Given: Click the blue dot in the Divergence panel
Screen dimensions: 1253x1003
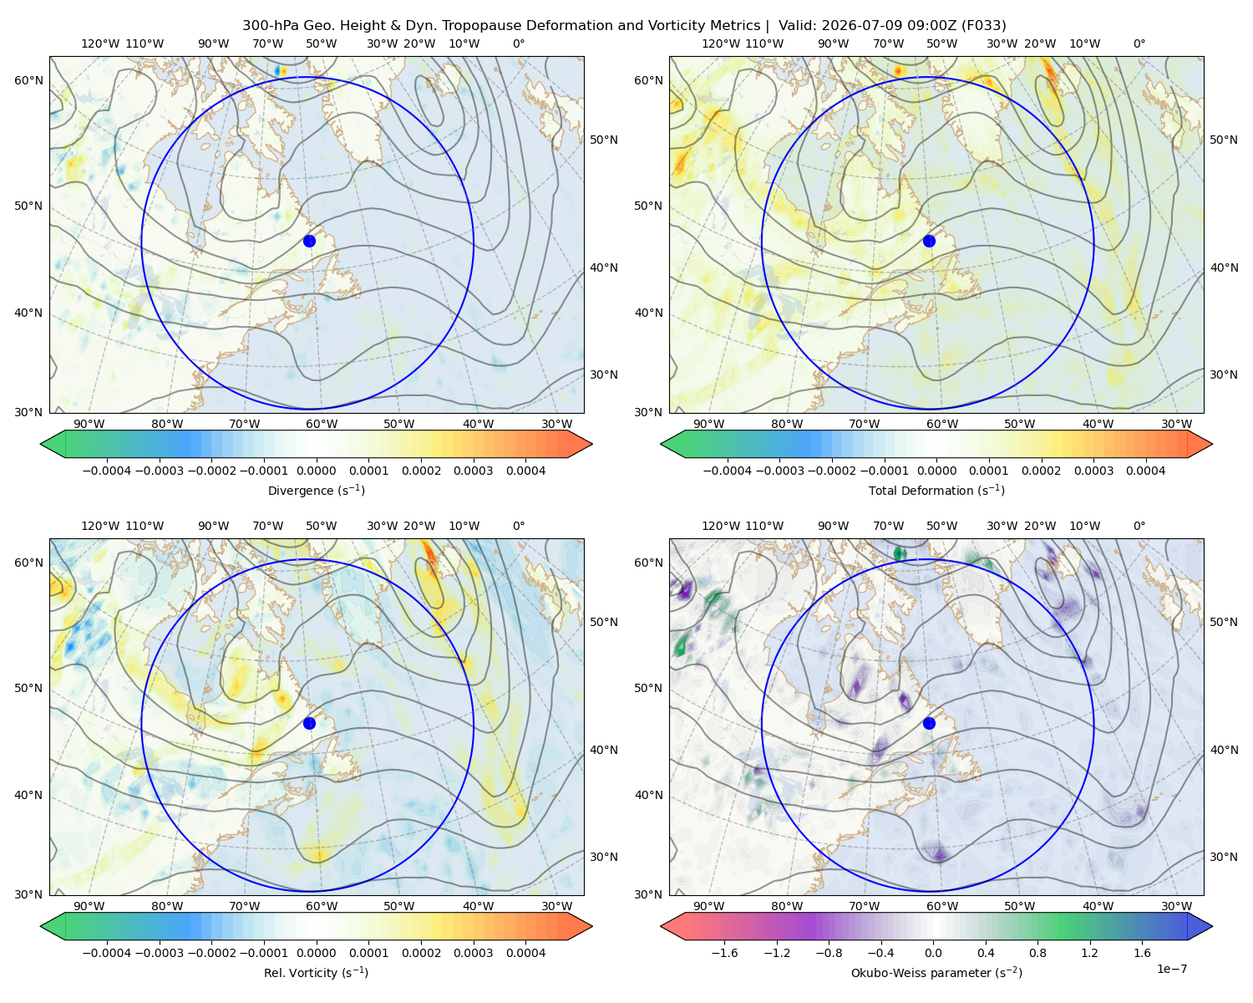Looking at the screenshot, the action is (309, 241).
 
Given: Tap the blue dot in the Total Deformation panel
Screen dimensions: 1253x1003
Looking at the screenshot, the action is (929, 241).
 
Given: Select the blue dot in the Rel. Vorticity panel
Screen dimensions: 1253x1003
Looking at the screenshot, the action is (309, 723).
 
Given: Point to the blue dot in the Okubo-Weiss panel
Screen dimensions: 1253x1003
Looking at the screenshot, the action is (929, 723).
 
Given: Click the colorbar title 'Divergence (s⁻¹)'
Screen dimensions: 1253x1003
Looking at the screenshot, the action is (316, 490).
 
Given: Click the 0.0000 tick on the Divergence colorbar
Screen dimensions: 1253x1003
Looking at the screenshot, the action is (316, 471).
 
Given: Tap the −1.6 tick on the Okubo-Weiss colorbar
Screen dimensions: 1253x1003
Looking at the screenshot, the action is (724, 953).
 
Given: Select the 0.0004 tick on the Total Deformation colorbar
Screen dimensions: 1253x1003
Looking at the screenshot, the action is (1145, 471).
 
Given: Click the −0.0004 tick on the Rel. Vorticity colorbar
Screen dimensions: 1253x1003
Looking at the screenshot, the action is (107, 953).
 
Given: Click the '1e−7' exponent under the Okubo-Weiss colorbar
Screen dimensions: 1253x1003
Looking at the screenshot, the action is (1171, 969).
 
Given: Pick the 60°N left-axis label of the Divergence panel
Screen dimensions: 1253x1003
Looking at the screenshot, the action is (28, 80).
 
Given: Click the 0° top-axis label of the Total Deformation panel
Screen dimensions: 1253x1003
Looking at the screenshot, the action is (1139, 43).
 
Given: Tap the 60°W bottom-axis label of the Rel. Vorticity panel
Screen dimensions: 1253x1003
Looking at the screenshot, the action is (322, 906).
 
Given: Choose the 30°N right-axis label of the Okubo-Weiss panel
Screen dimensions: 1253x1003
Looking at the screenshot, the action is (1224, 857).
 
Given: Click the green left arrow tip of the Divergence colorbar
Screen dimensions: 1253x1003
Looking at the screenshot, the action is (41, 444).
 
